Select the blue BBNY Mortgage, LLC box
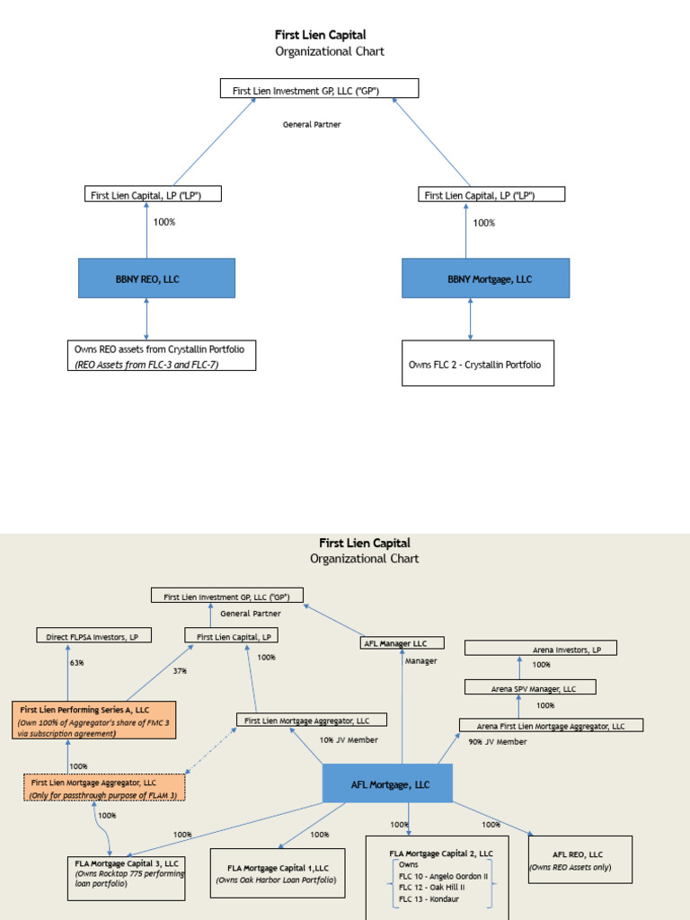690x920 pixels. point(485,279)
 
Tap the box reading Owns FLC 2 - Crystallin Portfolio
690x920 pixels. point(477,363)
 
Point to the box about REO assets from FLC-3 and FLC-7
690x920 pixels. point(162,355)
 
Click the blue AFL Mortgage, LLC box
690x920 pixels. point(388,784)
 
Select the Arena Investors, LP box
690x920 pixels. point(540,648)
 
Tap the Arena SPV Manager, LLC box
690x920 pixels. point(530,687)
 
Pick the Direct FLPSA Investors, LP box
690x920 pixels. point(93,636)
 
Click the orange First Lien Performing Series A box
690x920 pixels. point(94,721)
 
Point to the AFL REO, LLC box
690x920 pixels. point(579,860)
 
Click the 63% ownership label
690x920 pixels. point(76,664)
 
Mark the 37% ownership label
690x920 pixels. point(180,671)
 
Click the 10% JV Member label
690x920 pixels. point(349,740)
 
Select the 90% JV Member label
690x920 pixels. point(498,742)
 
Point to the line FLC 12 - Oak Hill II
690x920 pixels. point(431,886)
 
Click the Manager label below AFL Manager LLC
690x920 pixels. point(420,661)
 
